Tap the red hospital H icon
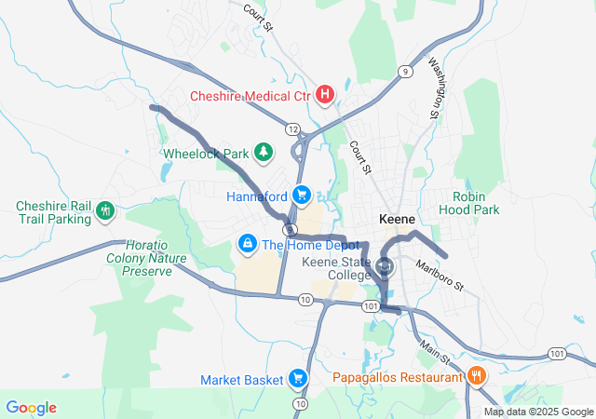click(325, 94)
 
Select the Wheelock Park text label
click(206, 153)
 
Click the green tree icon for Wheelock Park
click(264, 152)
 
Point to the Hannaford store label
click(257, 196)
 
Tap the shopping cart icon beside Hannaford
click(302, 196)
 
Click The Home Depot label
click(298, 245)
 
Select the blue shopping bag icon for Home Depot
click(248, 244)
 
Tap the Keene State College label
click(337, 268)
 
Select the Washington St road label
click(435, 88)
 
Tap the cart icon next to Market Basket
click(298, 378)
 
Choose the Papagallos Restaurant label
click(399, 377)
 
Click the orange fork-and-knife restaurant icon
click(477, 376)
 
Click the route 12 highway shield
click(292, 128)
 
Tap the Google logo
click(31, 407)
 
